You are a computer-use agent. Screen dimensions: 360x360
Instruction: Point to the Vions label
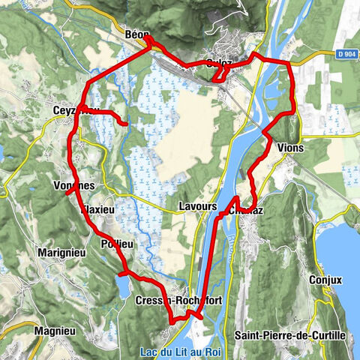[x=290, y=148]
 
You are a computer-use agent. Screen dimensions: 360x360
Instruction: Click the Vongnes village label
[x=74, y=185]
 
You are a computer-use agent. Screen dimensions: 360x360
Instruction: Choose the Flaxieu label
[x=98, y=210]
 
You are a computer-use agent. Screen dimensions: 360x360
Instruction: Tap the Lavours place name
[x=198, y=205]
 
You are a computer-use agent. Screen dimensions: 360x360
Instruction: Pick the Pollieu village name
[x=115, y=244]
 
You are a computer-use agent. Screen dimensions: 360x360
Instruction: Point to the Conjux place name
[x=325, y=280]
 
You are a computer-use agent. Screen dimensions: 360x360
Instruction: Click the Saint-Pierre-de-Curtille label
[x=289, y=334]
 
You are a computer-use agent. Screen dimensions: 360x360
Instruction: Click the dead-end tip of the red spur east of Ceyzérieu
[x=125, y=123]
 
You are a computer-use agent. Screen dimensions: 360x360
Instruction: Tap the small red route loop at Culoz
[x=220, y=73]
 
